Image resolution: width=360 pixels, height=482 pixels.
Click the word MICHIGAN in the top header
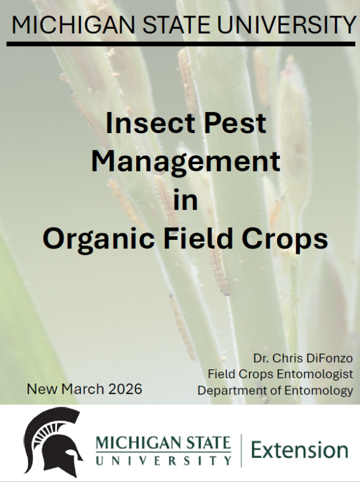click(73, 25)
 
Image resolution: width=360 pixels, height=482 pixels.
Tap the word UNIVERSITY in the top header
click(286, 25)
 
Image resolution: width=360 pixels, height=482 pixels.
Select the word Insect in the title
click(151, 123)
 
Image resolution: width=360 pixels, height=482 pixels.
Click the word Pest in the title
click(235, 123)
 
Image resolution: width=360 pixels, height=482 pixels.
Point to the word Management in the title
click(185, 162)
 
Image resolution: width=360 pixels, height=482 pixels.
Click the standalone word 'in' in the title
click(185, 200)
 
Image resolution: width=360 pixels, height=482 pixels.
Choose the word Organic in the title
click(98, 240)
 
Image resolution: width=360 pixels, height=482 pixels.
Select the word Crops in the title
click(284, 240)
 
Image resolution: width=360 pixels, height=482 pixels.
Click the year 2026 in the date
click(125, 389)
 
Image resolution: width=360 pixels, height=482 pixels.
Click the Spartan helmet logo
click(53, 442)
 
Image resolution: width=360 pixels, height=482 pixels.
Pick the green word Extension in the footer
click(299, 450)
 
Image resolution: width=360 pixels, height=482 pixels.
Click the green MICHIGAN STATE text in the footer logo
click(163, 443)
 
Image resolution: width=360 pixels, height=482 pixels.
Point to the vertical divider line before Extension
click(241, 450)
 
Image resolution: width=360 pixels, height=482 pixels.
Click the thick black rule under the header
click(181, 44)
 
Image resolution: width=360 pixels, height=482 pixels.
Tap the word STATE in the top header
click(176, 25)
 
